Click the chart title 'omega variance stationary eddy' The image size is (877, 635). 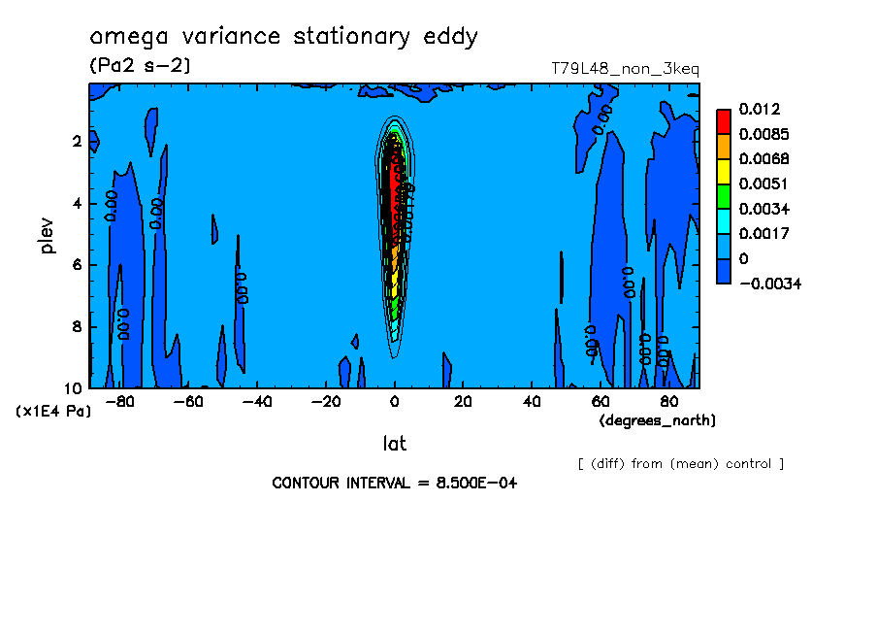point(283,38)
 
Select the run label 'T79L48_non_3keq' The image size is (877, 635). point(625,69)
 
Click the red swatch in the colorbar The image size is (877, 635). point(723,120)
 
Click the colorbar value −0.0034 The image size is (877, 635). point(768,284)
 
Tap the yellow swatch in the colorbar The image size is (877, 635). point(723,171)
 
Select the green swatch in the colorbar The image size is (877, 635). point(723,196)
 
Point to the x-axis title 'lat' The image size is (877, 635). point(394,444)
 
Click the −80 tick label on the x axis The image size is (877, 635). point(119,401)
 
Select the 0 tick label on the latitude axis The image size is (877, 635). point(395,401)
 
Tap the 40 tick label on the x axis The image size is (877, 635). point(532,401)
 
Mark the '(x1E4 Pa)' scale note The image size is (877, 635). point(53,412)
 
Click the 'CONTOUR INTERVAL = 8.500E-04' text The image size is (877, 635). point(394,483)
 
